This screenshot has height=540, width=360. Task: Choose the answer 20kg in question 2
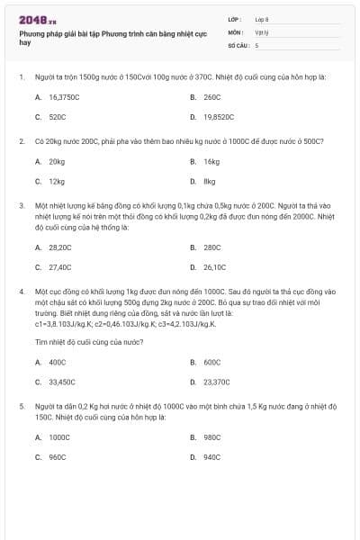pyautogui.click(x=57, y=162)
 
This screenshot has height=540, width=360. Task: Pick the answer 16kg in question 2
pyautogui.click(x=211, y=162)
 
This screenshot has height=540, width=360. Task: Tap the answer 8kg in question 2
pyautogui.click(x=210, y=182)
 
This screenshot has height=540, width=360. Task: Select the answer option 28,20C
pyautogui.click(x=60, y=247)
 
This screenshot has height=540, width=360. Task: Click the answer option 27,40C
pyautogui.click(x=60, y=267)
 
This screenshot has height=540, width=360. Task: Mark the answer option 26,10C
pyautogui.click(x=214, y=267)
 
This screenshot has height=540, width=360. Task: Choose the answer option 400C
pyautogui.click(x=58, y=362)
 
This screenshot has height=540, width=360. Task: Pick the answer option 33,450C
pyautogui.click(x=62, y=382)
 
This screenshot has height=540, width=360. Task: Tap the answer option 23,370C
pyautogui.click(x=216, y=382)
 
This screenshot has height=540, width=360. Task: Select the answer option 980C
pyautogui.click(x=211, y=437)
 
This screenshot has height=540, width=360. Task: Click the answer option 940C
pyautogui.click(x=211, y=457)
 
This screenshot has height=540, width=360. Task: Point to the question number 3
pyautogui.click(x=21, y=205)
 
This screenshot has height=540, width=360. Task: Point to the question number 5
pyautogui.click(x=21, y=407)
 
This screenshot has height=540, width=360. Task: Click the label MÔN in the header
pyautogui.click(x=236, y=31)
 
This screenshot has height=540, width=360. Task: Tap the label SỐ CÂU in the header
pyautogui.click(x=238, y=44)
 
